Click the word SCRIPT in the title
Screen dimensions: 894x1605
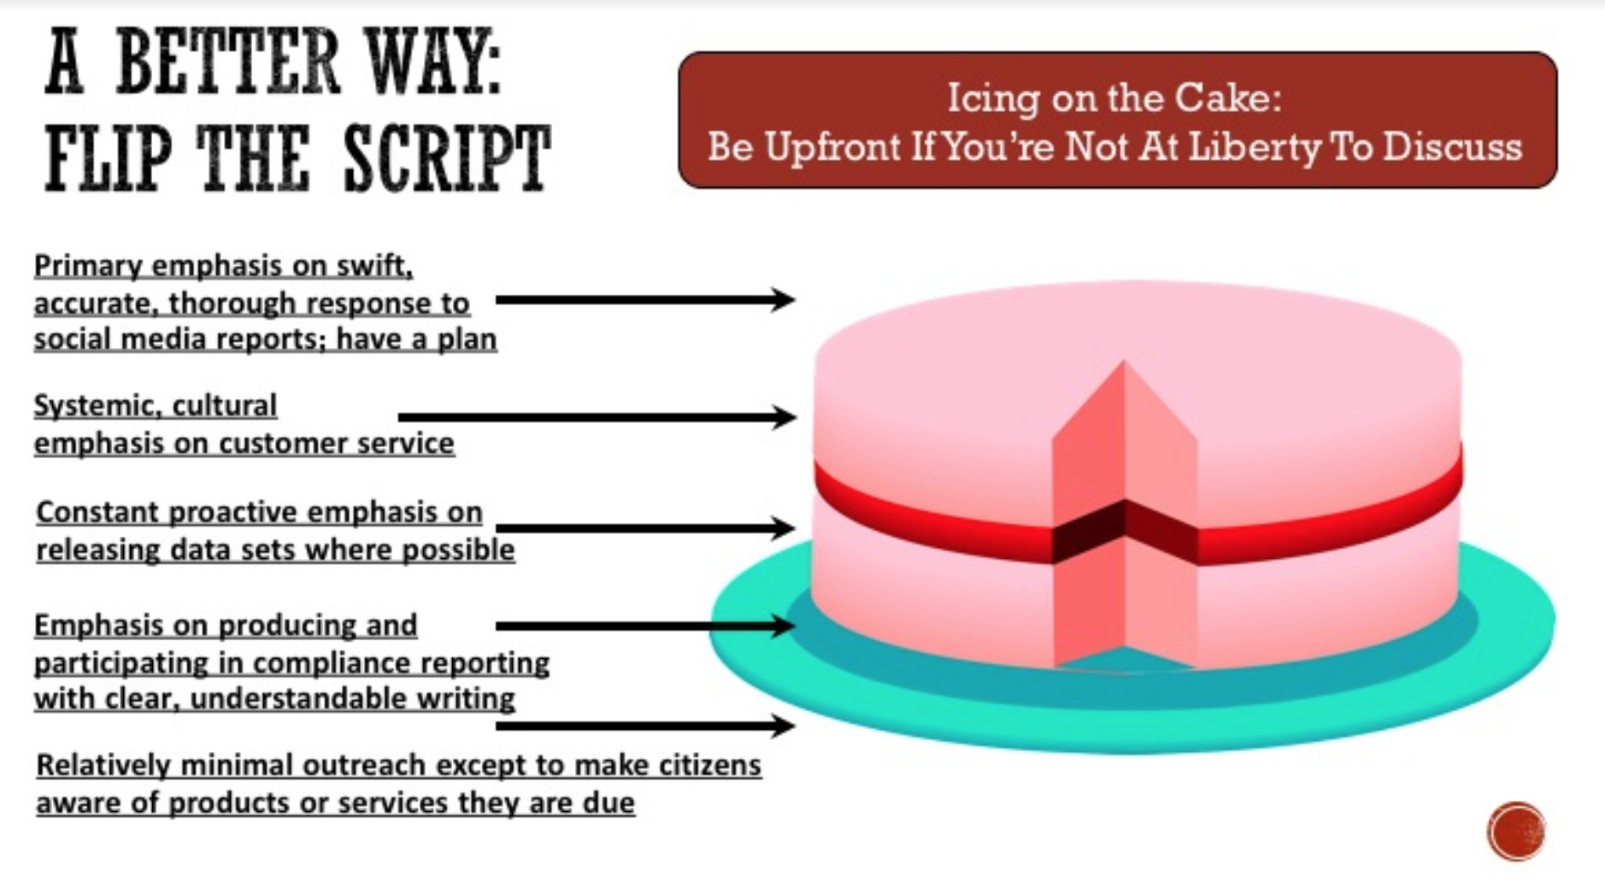tap(446, 160)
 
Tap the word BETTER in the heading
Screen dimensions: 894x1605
tap(226, 62)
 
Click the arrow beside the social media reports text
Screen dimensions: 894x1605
tap(645, 300)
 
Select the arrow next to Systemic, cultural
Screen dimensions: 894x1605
tap(597, 417)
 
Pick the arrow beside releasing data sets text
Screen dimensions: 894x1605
tap(645, 528)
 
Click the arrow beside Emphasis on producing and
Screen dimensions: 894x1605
tap(645, 626)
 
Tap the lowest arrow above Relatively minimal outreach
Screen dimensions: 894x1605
tap(645, 726)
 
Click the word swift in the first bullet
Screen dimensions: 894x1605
tap(373, 267)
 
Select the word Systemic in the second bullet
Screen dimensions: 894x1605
tap(91, 406)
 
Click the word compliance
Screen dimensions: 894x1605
tap(332, 663)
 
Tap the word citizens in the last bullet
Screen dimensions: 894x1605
tap(709, 765)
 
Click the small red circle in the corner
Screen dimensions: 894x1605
tap(1516, 831)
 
